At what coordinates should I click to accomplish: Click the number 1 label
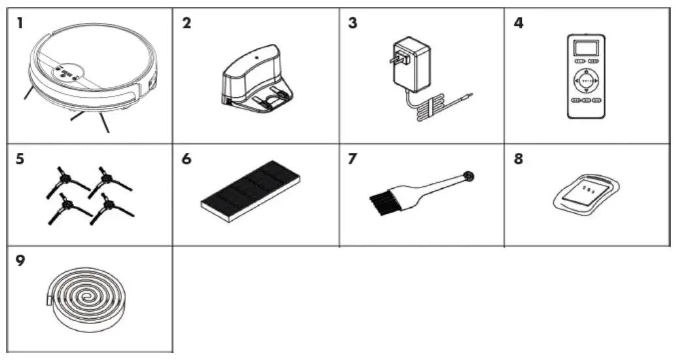[x=20, y=23]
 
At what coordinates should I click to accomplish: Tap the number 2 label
[x=186, y=23]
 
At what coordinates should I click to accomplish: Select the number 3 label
[x=353, y=23]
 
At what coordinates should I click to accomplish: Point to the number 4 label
[x=519, y=23]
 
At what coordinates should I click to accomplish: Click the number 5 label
[x=20, y=159]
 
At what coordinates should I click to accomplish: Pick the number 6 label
[x=186, y=159]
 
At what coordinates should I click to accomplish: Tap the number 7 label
[x=353, y=159]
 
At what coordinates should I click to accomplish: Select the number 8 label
[x=519, y=159]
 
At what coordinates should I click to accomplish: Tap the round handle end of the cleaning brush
[x=468, y=176]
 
